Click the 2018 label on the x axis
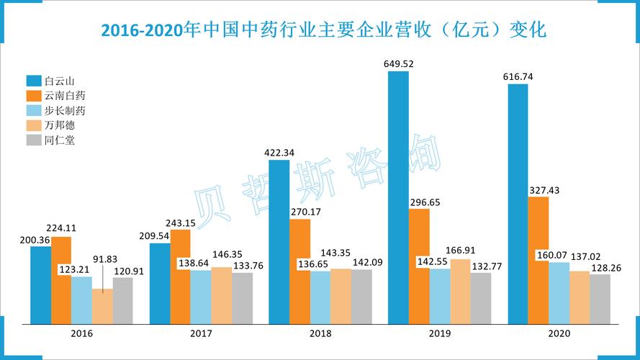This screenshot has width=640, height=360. (320, 334)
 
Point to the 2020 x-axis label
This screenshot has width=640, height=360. (559, 334)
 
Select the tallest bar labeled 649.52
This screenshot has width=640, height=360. (398, 197)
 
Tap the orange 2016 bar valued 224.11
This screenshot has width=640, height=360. (61, 280)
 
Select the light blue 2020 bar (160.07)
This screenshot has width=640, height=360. (559, 293)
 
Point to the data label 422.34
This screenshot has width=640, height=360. (279, 152)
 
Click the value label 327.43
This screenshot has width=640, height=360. (544, 190)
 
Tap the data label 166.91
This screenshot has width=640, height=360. (461, 251)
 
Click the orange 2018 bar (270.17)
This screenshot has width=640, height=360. (300, 271)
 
